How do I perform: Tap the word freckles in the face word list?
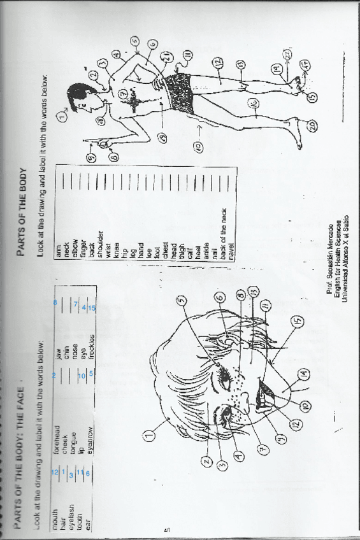91,325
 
